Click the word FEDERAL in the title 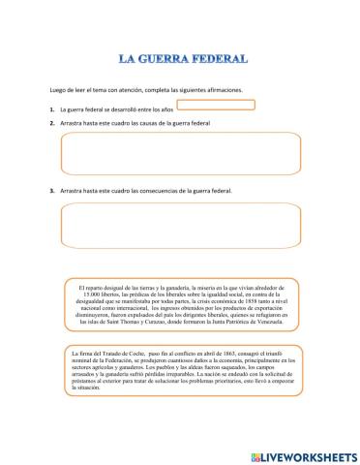pyautogui.click(x=226, y=58)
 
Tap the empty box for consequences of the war pyautogui.click(x=179, y=225)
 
